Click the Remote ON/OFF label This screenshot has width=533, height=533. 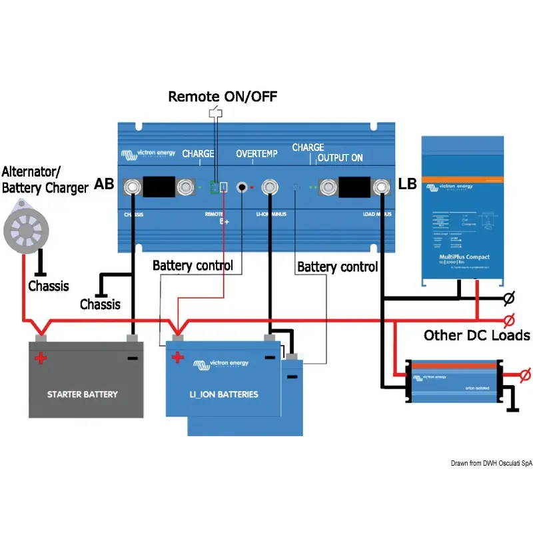coord(223,96)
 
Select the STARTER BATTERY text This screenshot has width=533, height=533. coord(82,394)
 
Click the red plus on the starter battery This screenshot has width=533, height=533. coord(41,358)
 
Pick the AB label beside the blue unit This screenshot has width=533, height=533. coord(104,183)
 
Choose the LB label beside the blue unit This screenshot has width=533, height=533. coord(407,183)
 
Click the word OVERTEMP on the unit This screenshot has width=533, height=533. coord(257,155)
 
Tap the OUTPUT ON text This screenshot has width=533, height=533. coord(340,158)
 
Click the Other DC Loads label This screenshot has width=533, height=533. coord(476,335)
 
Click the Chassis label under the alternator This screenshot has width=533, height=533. coord(48,286)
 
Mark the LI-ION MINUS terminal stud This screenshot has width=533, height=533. coord(270,187)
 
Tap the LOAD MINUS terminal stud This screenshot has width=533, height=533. coord(382,187)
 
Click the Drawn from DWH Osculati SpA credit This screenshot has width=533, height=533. coord(492,463)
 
